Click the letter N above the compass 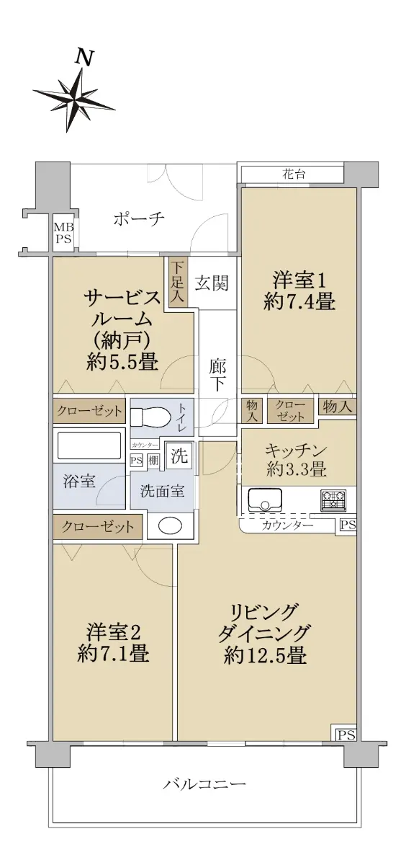point(84,58)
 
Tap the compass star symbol point(74,99)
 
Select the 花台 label point(294,174)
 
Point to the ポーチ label point(139,220)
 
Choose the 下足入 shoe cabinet point(177,282)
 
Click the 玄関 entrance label point(212,283)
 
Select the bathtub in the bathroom point(89,445)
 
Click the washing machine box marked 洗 point(179,456)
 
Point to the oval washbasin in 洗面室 point(170,525)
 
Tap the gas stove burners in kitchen point(332,500)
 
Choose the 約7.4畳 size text point(299,301)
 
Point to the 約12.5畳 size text point(266,655)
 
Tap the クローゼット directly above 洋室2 point(98,527)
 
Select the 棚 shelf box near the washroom point(154,461)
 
